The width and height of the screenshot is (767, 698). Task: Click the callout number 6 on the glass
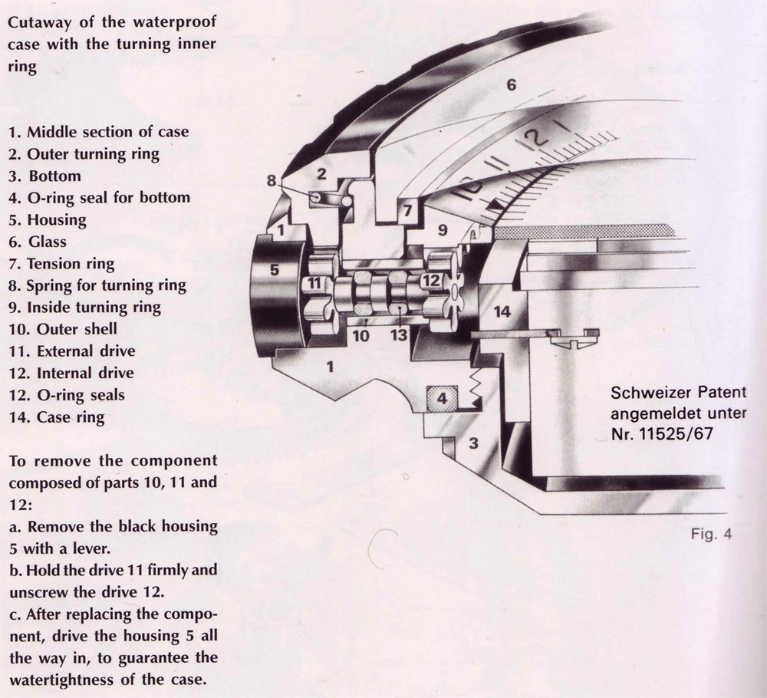(512, 85)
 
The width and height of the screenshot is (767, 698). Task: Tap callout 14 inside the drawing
(502, 311)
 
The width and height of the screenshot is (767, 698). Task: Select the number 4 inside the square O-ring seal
(441, 398)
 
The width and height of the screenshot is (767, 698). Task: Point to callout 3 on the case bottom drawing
(473, 443)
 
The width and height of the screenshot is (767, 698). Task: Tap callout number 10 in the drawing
(360, 336)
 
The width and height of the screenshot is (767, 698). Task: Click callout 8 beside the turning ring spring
(272, 180)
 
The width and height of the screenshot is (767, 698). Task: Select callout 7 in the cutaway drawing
(407, 209)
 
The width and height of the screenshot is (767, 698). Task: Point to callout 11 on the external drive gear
(314, 284)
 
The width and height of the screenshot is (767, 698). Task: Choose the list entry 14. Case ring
(57, 417)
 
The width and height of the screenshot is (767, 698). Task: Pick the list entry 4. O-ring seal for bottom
(99, 197)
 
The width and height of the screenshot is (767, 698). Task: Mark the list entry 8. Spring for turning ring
(97, 285)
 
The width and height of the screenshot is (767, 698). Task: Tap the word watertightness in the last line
(69, 679)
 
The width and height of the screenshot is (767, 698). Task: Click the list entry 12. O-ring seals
(66, 395)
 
